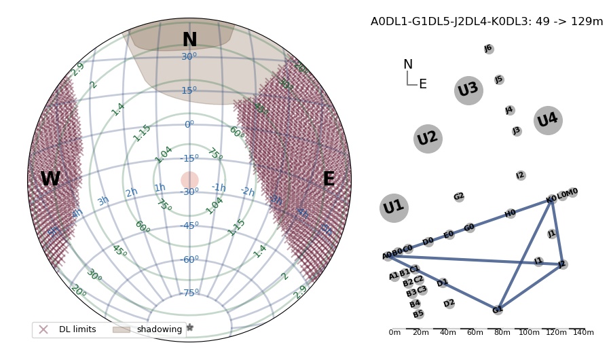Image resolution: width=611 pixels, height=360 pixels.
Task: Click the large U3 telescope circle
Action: click(x=468, y=90)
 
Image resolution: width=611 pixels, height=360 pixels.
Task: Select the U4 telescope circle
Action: click(x=548, y=120)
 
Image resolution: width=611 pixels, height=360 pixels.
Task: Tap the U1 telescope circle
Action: click(x=394, y=208)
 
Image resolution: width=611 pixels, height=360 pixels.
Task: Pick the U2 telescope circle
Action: click(x=428, y=139)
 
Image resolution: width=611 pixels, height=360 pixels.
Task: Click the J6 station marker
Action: click(x=489, y=49)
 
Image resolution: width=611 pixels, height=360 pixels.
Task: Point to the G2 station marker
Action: click(x=459, y=197)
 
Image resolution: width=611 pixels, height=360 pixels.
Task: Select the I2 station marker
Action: click(x=521, y=176)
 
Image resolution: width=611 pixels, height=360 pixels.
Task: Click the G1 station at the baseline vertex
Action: click(x=498, y=310)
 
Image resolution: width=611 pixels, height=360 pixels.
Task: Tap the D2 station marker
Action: click(x=449, y=304)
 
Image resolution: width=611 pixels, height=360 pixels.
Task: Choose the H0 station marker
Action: click(x=511, y=214)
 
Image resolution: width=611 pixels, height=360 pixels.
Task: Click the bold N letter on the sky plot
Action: click(x=189, y=41)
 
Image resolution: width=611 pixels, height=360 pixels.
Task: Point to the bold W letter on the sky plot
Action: click(x=50, y=180)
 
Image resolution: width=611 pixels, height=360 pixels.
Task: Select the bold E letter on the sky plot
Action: click(x=329, y=180)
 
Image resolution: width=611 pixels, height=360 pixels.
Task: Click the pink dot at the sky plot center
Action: click(x=189, y=180)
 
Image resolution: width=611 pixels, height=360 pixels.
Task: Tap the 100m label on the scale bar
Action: click(x=529, y=333)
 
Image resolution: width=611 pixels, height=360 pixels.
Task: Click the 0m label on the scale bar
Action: click(x=394, y=333)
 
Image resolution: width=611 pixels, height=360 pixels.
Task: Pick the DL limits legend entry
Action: click(x=68, y=329)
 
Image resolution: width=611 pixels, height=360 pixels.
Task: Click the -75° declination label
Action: click(x=189, y=293)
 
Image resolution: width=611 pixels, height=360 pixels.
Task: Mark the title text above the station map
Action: click(x=487, y=22)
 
